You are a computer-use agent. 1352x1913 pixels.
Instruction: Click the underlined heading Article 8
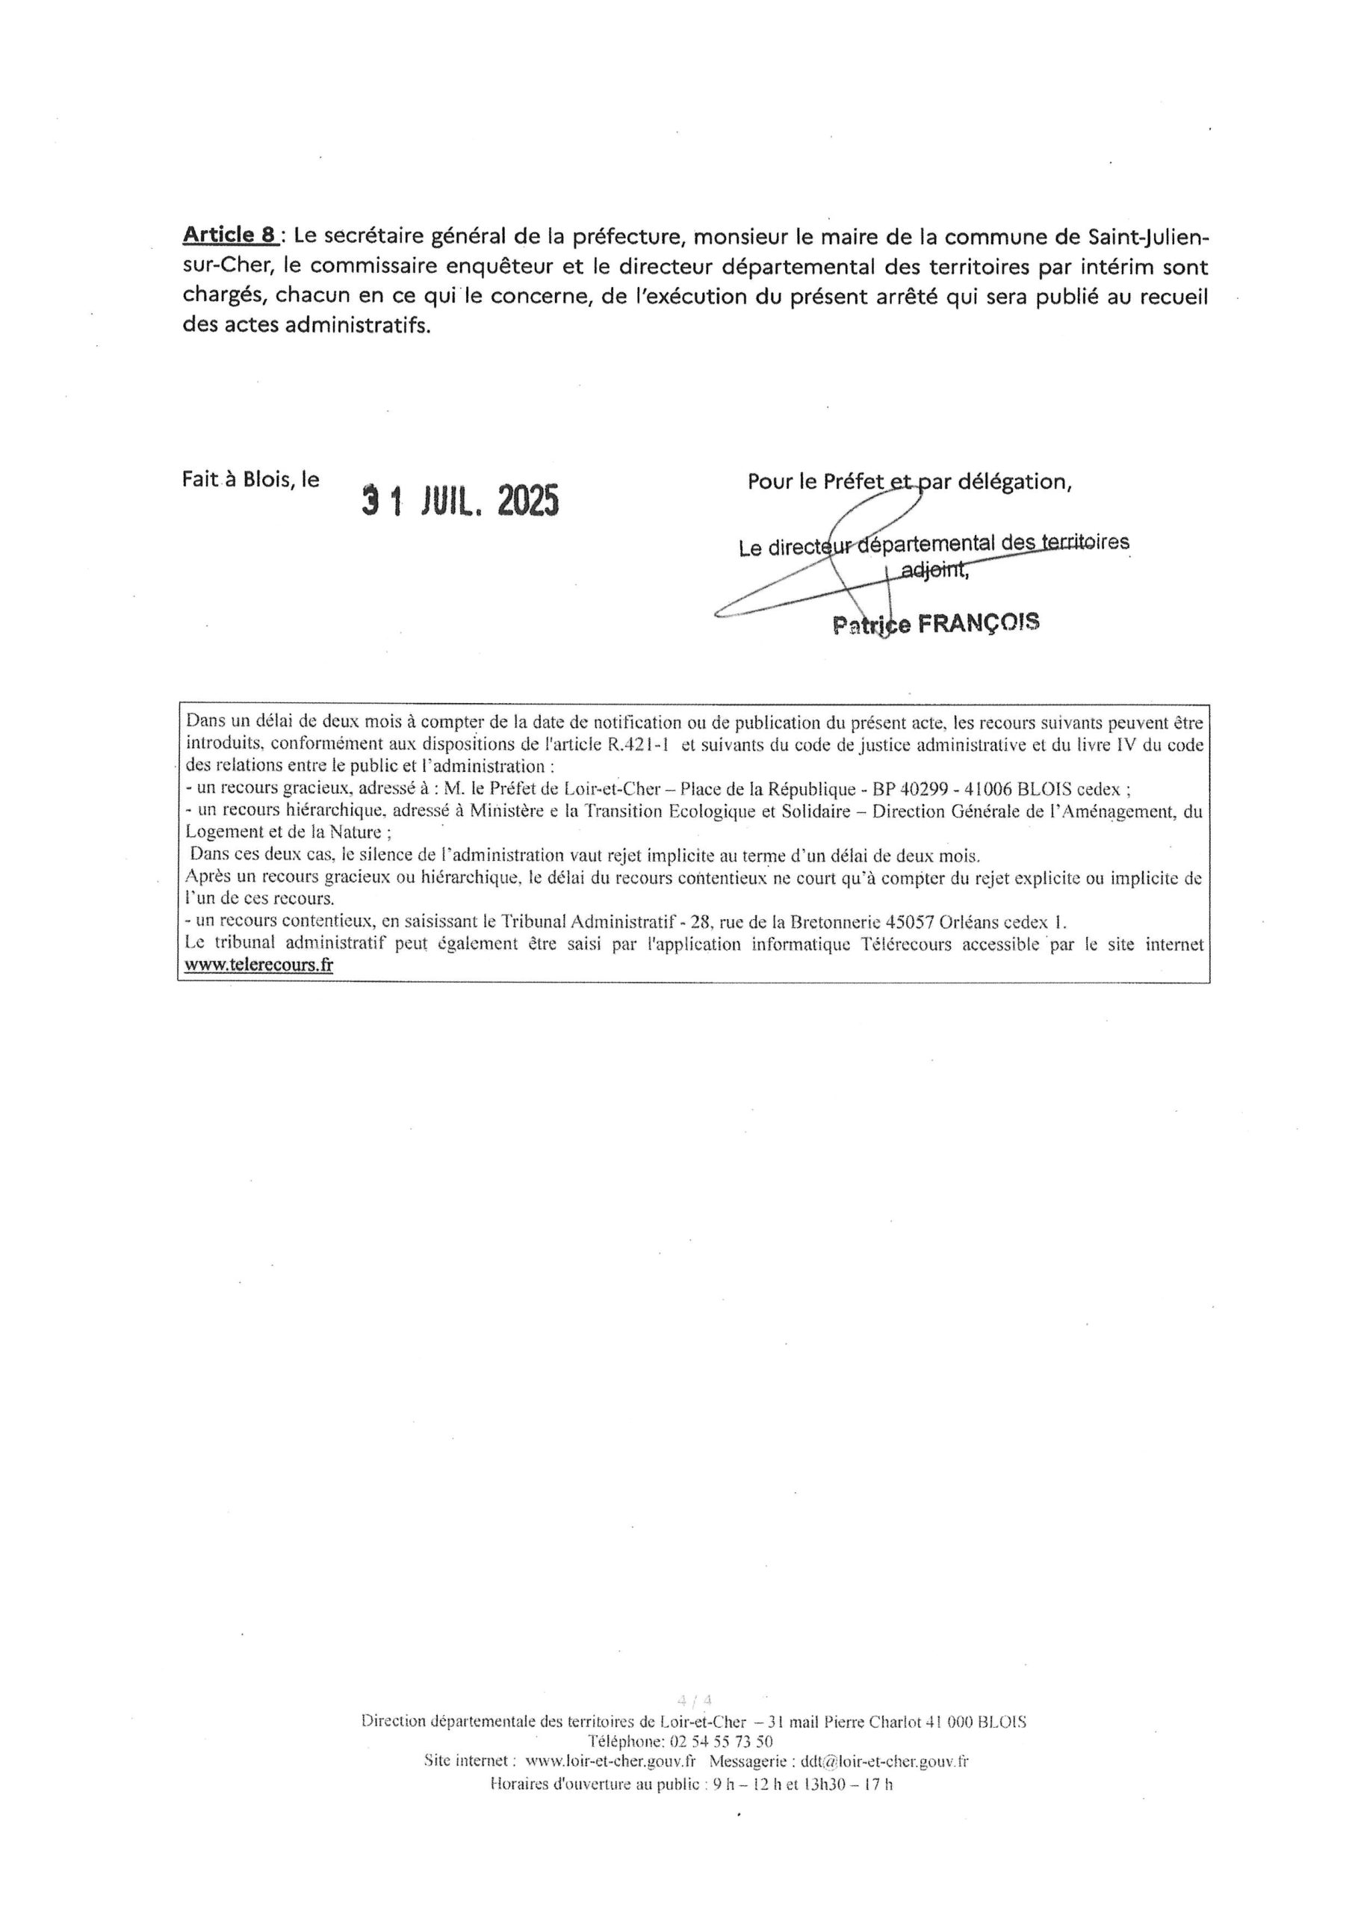pyautogui.click(x=230, y=236)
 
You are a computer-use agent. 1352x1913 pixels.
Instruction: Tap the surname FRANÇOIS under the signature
pyautogui.click(x=979, y=623)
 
